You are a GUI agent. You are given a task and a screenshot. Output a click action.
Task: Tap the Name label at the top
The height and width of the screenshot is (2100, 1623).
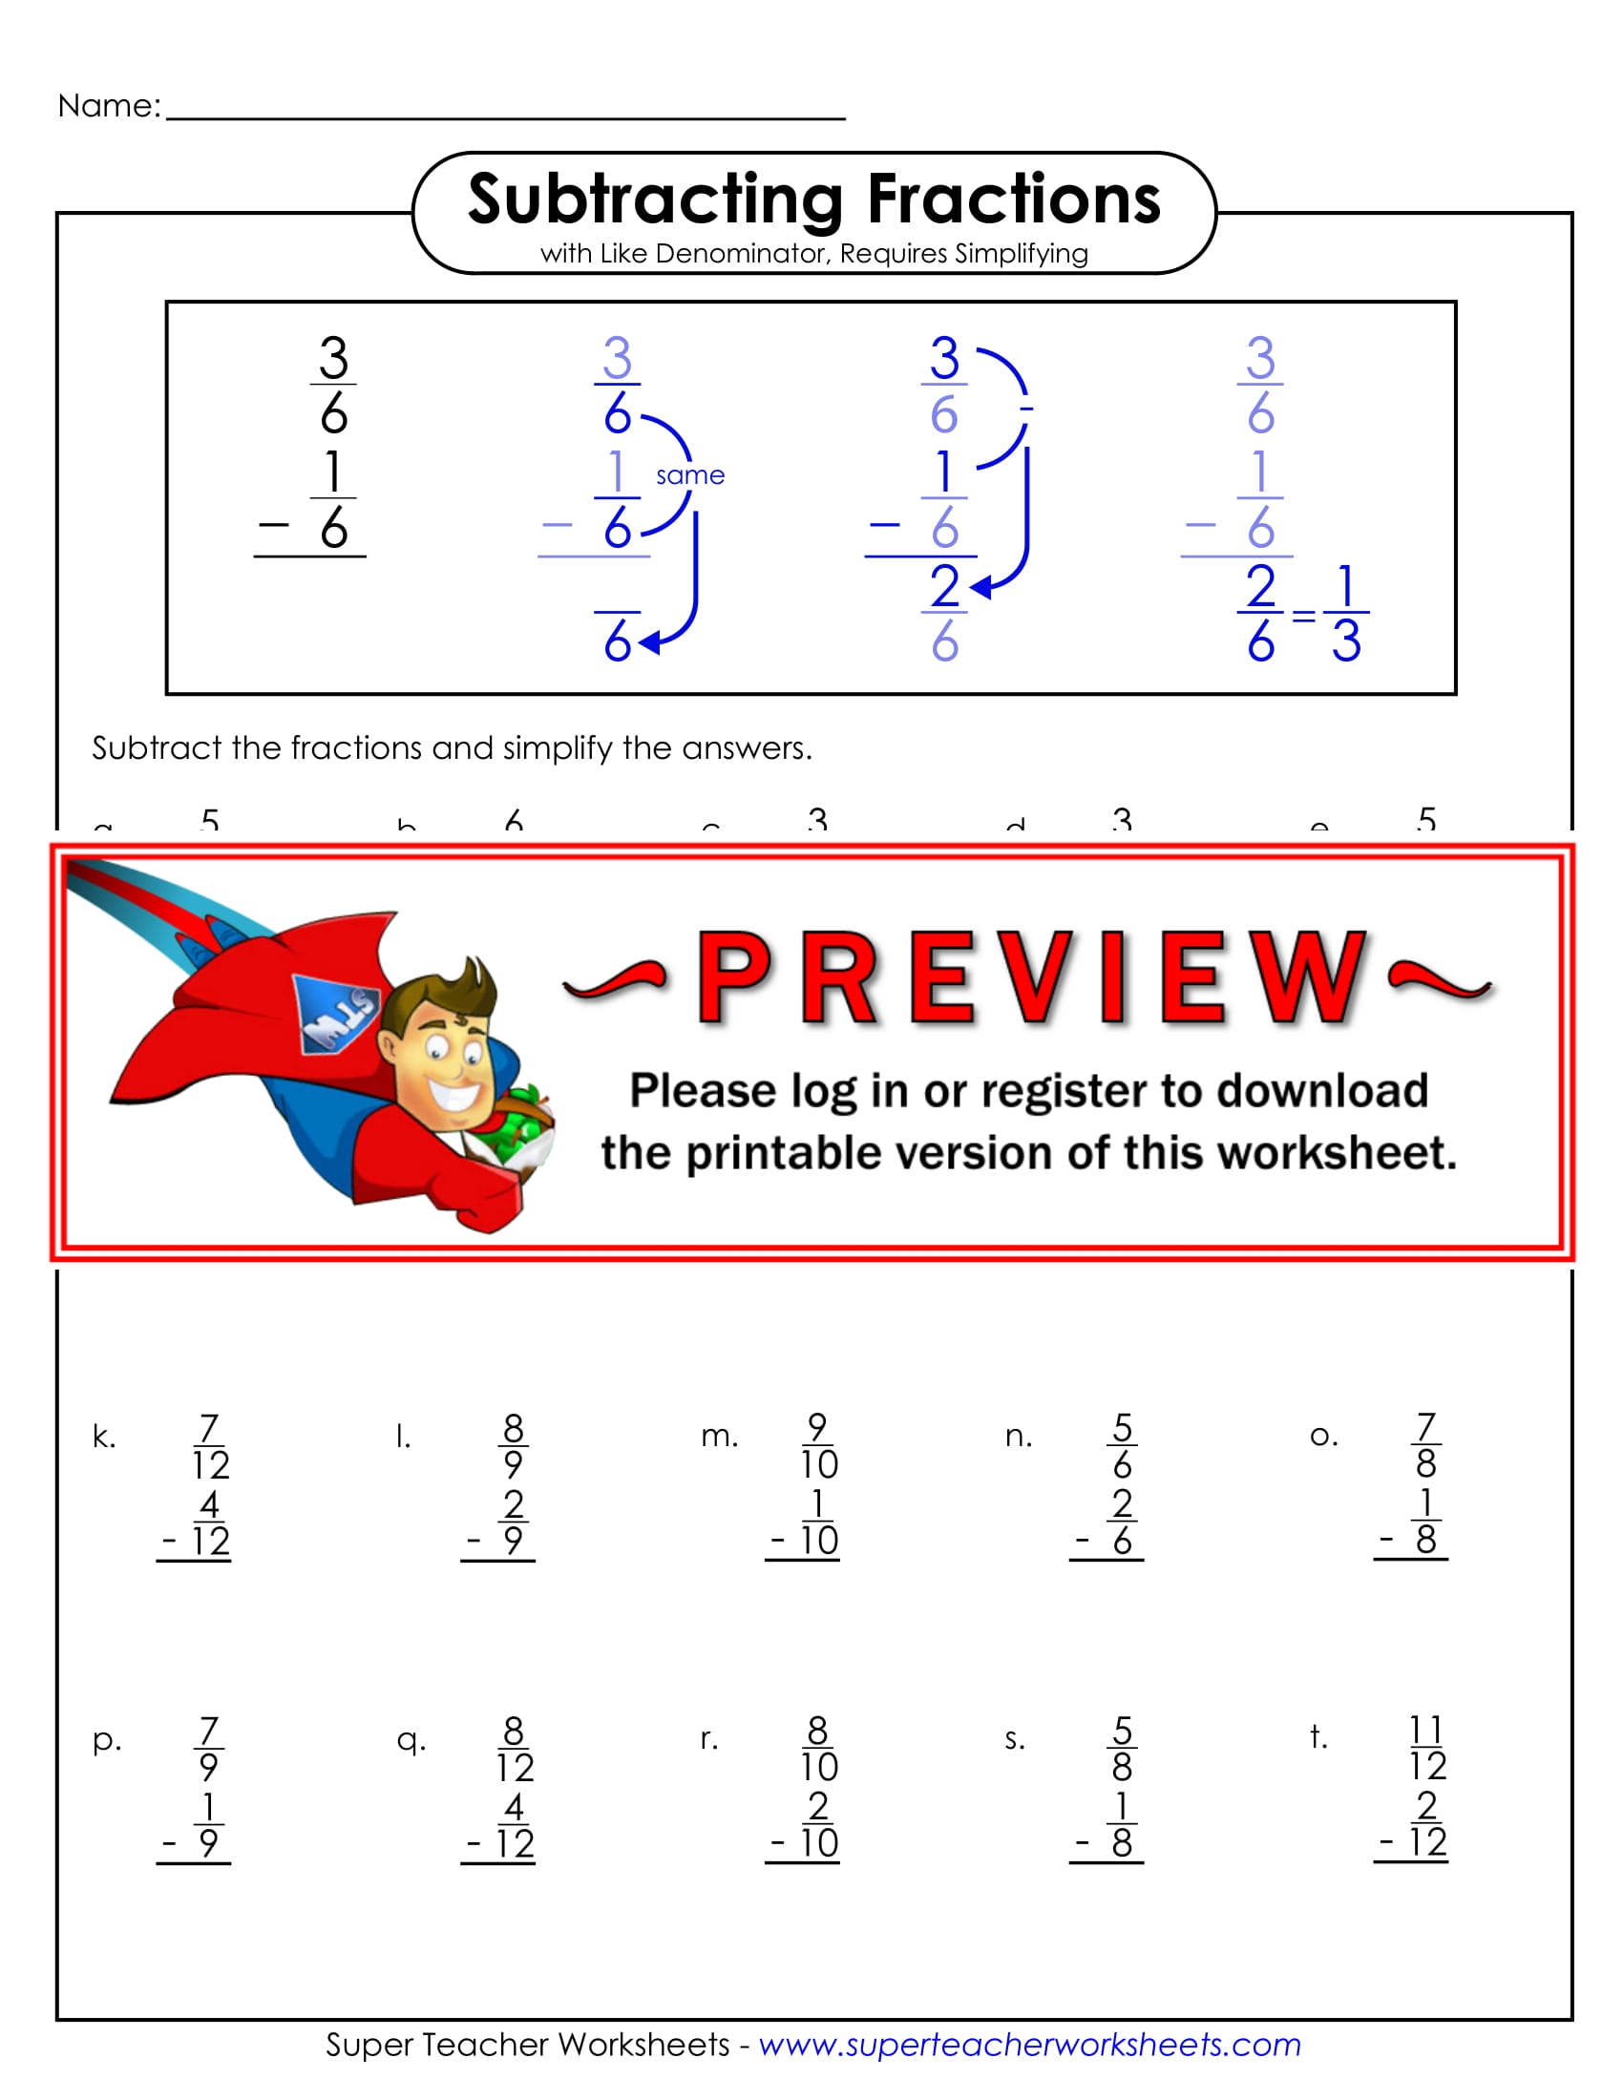(109, 106)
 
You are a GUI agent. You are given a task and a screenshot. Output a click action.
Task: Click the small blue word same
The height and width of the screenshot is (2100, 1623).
(689, 475)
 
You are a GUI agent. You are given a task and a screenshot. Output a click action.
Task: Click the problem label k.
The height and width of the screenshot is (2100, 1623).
(103, 1437)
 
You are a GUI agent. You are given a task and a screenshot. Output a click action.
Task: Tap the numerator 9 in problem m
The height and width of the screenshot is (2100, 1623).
(817, 1427)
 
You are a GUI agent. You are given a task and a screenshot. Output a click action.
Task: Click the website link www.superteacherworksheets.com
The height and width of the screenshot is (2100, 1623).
(1029, 2045)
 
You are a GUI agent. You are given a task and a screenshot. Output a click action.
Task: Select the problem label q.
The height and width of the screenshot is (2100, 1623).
(411, 1739)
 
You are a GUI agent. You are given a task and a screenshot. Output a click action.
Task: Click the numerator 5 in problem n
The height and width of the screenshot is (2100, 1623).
(1121, 1428)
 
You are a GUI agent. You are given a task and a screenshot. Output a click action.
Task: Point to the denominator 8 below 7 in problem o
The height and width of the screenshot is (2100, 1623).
(1425, 1464)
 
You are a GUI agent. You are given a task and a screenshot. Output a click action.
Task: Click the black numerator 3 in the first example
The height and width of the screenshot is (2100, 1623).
(332, 358)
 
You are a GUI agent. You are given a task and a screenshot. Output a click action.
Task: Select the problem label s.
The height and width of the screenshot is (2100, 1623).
(1014, 1739)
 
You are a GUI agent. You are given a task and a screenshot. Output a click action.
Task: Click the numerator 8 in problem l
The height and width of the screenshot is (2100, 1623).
(513, 1428)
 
